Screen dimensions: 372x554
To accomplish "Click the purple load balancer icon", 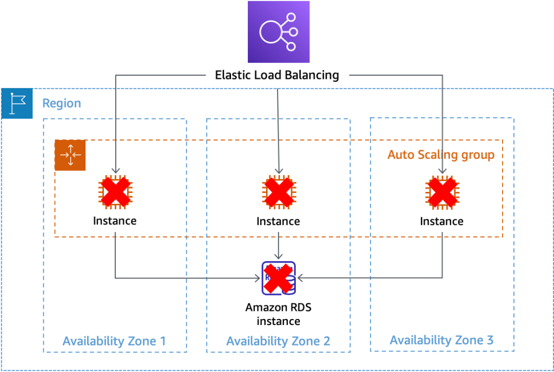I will pyautogui.click(x=279, y=32).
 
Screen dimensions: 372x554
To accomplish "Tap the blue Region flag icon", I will pyautogui.click(x=17, y=103).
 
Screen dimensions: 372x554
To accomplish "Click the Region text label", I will pyautogui.click(x=62, y=103).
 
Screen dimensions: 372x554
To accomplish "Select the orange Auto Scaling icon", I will pyautogui.click(x=70, y=156).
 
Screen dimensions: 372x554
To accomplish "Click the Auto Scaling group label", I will pyautogui.click(x=440, y=155).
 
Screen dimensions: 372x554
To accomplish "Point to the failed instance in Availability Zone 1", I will pyautogui.click(x=115, y=192).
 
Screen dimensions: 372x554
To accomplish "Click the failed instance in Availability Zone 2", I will pyautogui.click(x=279, y=192).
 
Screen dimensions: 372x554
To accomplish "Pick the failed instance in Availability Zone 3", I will pyautogui.click(x=443, y=192).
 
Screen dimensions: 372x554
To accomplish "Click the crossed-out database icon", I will pyautogui.click(x=279, y=278).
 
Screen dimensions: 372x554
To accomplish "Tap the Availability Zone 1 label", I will pyautogui.click(x=114, y=341).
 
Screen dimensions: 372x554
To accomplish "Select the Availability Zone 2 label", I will pyautogui.click(x=278, y=341).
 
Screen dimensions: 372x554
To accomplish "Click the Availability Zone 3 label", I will pyautogui.click(x=441, y=340).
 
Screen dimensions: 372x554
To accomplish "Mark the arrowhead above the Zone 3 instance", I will pyautogui.click(x=443, y=171).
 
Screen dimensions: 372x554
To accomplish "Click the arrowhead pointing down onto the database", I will pyautogui.click(x=278, y=257).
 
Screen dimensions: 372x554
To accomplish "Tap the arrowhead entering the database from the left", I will pyautogui.click(x=258, y=278).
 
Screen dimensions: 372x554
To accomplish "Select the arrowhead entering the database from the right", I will pyautogui.click(x=300, y=278).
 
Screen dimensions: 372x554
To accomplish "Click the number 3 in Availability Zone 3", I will pyautogui.click(x=489, y=340).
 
